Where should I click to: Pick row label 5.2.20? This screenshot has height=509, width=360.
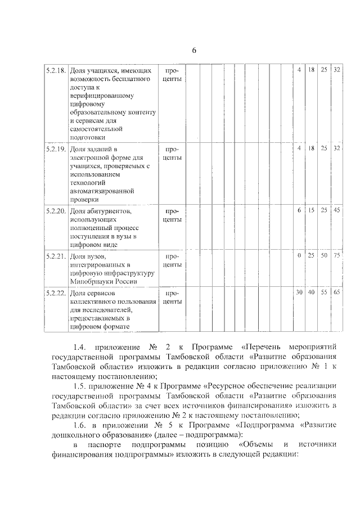(56, 211)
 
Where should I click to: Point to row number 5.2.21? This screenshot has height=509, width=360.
(56, 256)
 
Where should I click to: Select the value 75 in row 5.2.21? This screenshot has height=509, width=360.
(337, 255)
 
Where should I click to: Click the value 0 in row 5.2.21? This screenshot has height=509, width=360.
(299, 255)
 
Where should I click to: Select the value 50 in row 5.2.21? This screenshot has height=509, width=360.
(324, 255)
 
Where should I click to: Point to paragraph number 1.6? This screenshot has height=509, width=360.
(80, 425)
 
